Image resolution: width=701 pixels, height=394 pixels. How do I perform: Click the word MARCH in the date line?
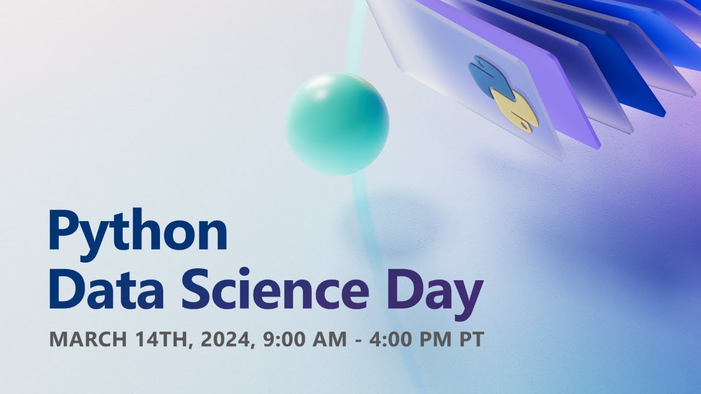click(88, 339)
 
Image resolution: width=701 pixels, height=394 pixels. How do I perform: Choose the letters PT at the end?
click(471, 339)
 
